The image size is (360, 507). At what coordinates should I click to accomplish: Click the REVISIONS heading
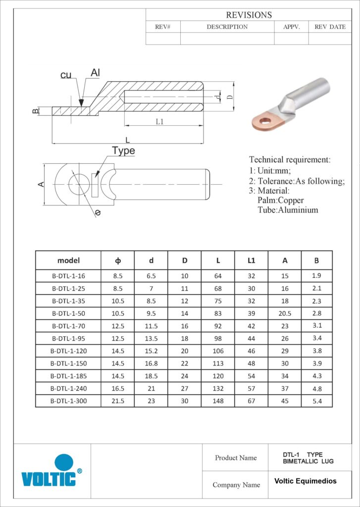[249, 15]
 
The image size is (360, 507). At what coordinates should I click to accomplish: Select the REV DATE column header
[330, 27]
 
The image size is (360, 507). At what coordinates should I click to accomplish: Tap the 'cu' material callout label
[66, 75]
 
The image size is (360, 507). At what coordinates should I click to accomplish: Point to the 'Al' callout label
[95, 73]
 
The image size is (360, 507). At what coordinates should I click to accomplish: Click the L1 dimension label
[159, 121]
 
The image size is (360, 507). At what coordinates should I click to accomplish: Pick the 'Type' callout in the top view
[123, 151]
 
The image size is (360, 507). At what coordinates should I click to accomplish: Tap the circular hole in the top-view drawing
[77, 184]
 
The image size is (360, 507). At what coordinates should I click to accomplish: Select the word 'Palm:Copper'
[281, 201]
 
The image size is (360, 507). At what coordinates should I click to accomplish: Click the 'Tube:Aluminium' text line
[288, 210]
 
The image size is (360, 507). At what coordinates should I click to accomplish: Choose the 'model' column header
[68, 260]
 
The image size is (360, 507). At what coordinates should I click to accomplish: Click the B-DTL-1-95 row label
[68, 338]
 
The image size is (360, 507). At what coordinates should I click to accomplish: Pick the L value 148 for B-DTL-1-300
[218, 401]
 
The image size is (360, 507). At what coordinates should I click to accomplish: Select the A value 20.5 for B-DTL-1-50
[285, 313]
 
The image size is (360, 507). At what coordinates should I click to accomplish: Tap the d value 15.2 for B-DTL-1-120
[151, 351]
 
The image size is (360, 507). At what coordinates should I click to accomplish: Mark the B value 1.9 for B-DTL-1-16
[317, 276]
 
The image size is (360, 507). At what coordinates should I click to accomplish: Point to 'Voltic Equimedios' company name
[305, 481]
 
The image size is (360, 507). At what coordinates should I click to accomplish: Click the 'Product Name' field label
[236, 458]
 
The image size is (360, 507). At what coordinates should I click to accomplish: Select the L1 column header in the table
[252, 260]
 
